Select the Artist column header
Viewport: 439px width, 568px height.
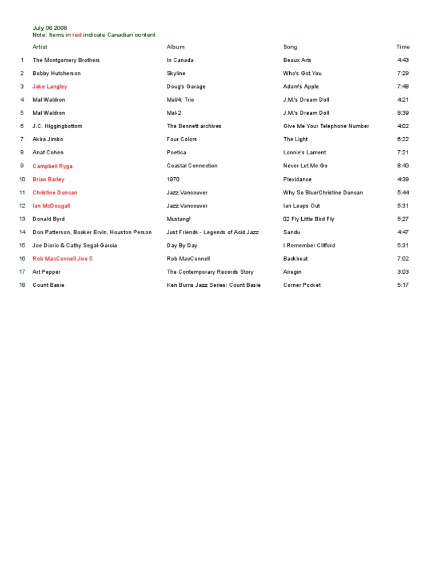click(40, 47)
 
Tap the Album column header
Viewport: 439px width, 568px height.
click(175, 47)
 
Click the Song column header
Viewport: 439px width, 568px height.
click(290, 47)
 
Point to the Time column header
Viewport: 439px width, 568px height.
click(403, 47)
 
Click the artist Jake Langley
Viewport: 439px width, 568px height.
click(50, 86)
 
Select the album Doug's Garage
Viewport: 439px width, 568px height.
click(186, 86)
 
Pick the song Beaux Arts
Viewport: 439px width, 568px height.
click(297, 60)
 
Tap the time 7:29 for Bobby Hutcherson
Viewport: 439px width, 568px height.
click(403, 73)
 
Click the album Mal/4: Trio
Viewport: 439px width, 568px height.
click(180, 99)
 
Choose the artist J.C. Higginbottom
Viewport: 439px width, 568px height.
click(58, 126)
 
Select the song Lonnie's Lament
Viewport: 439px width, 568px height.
click(305, 153)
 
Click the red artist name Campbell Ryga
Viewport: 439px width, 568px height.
click(53, 166)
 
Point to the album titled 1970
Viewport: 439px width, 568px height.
click(173, 179)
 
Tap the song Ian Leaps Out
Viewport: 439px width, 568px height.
click(302, 206)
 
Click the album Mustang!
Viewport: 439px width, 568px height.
click(178, 219)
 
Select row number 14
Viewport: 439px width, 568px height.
click(23, 232)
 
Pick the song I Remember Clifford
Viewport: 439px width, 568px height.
click(309, 245)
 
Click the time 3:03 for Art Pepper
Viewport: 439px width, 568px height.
click(403, 272)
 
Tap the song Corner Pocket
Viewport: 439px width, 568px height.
click(302, 285)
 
